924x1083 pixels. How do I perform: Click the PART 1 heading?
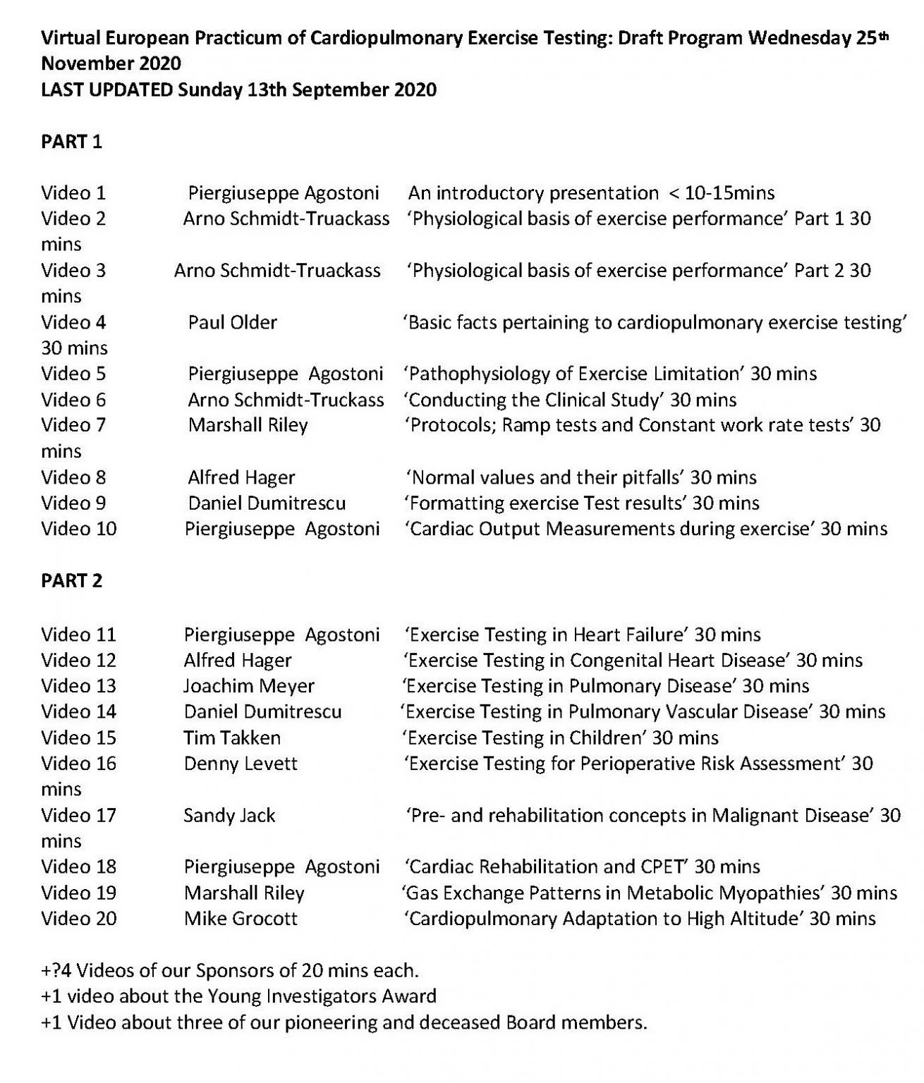pyautogui.click(x=71, y=142)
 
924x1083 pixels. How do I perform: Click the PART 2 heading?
pyautogui.click(x=71, y=580)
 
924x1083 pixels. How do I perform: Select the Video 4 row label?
pyautogui.click(x=73, y=322)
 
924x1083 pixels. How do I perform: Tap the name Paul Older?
pyautogui.click(x=232, y=322)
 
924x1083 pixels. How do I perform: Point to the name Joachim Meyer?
pyautogui.click(x=249, y=685)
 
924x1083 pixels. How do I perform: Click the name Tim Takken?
pyautogui.click(x=232, y=738)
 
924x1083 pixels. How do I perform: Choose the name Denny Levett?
pyautogui.click(x=241, y=764)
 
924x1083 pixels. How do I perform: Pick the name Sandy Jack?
pyautogui.click(x=229, y=816)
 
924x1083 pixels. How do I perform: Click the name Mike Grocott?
pyautogui.click(x=241, y=919)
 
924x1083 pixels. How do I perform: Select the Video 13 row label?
pyautogui.click(x=78, y=685)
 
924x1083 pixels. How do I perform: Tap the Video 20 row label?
pyautogui.click(x=78, y=919)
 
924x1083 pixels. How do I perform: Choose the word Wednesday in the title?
pyautogui.click(x=799, y=38)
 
